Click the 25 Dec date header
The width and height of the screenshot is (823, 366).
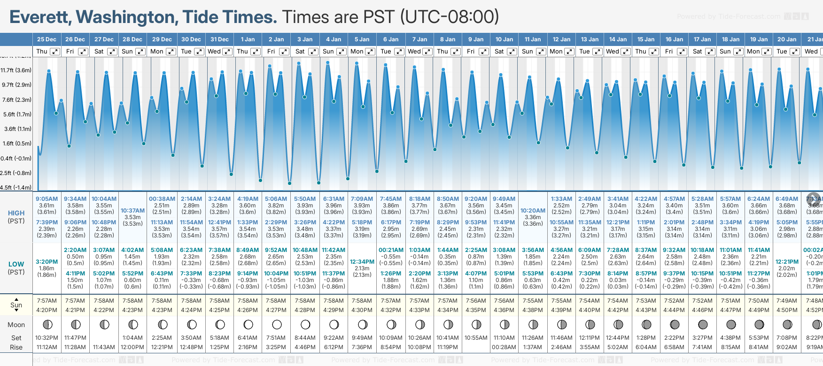(x=47, y=39)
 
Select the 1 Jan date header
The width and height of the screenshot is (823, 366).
(x=248, y=39)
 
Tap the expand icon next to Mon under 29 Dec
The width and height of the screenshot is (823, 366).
(x=171, y=52)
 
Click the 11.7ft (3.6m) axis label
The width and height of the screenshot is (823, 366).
(x=16, y=70)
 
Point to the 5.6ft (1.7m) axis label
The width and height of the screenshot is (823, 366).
(x=16, y=114)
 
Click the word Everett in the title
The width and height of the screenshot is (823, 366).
(x=40, y=17)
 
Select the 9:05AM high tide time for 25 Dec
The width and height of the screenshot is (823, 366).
(x=47, y=199)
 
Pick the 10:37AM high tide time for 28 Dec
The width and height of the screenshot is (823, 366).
(x=132, y=211)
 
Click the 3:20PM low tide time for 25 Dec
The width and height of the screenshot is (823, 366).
(x=47, y=262)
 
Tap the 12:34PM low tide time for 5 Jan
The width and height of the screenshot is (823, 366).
(x=362, y=262)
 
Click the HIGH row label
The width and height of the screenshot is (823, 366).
(x=16, y=213)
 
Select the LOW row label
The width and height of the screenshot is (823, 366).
(x=16, y=264)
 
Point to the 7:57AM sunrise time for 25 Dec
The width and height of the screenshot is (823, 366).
(x=47, y=301)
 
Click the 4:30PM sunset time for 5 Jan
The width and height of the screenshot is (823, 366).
(x=362, y=310)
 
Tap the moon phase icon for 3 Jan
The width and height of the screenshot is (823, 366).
(x=305, y=324)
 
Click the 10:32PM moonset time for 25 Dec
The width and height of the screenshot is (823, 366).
(x=47, y=338)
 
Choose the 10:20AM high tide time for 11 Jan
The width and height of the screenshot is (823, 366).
(x=533, y=211)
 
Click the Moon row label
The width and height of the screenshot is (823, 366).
(x=16, y=325)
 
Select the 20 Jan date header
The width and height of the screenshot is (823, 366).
(x=787, y=39)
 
